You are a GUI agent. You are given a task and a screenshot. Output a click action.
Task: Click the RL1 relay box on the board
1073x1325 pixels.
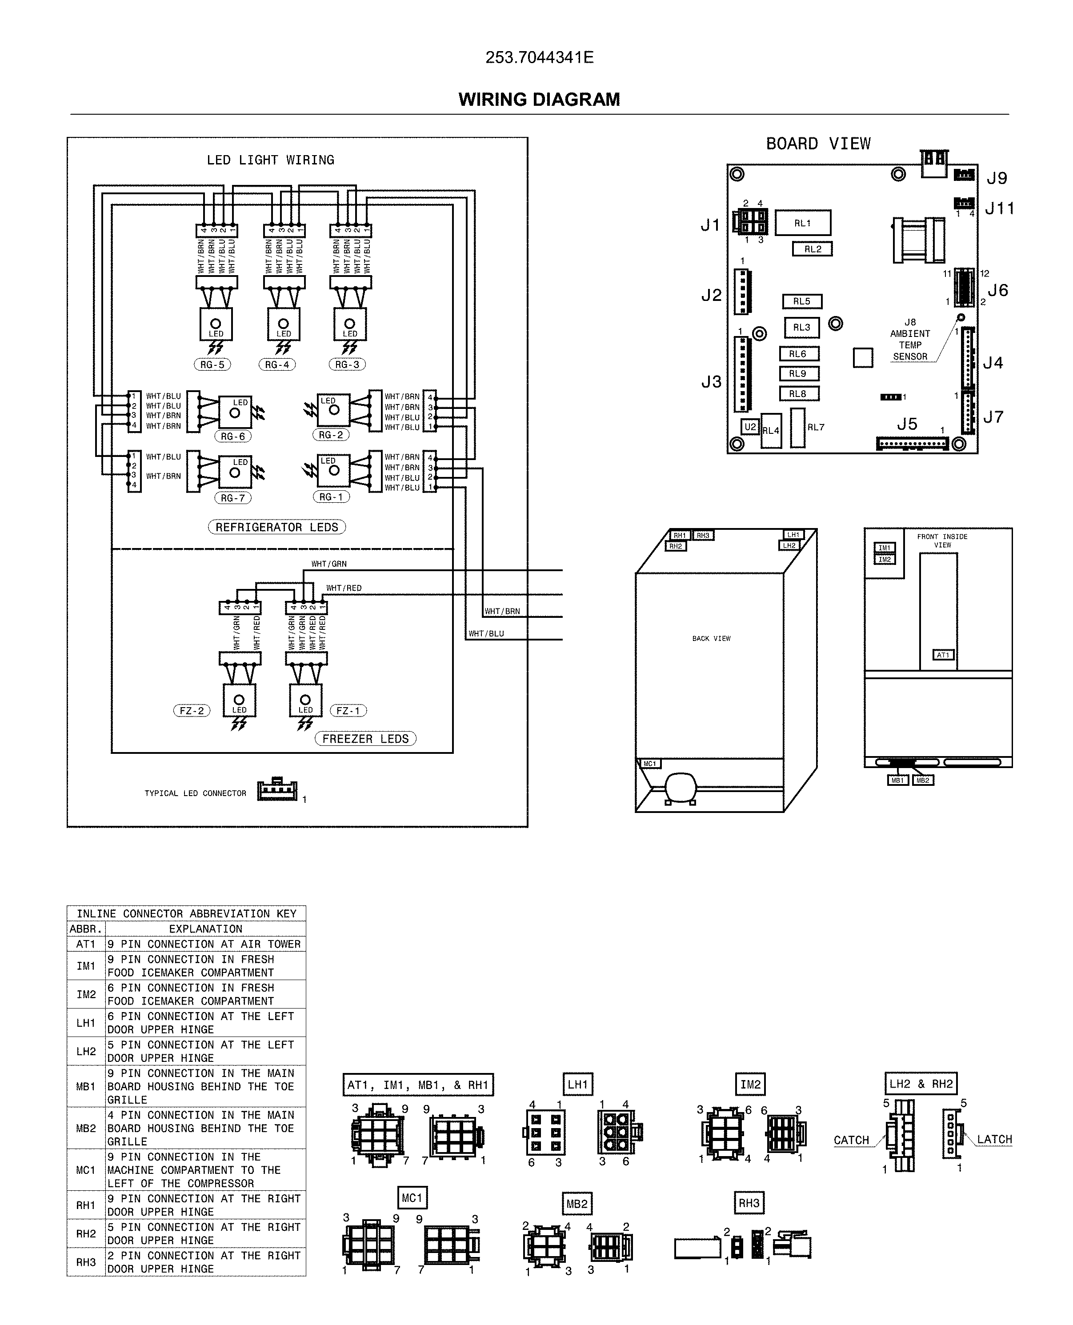[x=802, y=223]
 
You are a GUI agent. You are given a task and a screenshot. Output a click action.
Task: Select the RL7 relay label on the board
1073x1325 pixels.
[x=816, y=427]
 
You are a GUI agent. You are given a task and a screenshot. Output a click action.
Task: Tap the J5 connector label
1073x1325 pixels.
[x=907, y=424]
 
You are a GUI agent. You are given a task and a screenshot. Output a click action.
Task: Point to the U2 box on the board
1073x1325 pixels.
[x=750, y=426]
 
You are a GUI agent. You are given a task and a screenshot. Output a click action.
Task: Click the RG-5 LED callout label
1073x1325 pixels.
[x=212, y=364]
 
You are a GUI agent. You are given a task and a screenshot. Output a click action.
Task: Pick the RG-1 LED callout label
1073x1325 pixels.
[x=331, y=497]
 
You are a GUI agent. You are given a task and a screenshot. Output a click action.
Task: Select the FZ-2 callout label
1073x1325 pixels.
[x=192, y=711]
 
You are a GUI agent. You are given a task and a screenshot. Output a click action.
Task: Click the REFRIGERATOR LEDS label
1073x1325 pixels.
[x=276, y=527]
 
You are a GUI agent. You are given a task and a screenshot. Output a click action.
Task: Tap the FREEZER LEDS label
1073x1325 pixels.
[x=365, y=739]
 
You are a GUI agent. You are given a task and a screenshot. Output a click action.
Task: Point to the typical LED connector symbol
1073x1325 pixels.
[x=277, y=790]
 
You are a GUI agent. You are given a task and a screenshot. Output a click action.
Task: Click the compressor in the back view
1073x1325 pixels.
[x=681, y=787]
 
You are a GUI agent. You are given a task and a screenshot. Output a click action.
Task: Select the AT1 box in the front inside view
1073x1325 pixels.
[x=943, y=655]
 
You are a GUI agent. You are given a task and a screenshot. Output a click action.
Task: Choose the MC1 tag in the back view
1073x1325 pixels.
[x=649, y=764]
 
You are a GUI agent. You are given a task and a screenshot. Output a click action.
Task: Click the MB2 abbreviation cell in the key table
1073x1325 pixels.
[x=86, y=1128]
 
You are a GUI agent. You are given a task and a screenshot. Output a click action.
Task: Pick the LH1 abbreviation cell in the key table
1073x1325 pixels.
[x=86, y=1023]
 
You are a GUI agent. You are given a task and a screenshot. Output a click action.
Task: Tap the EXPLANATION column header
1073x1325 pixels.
[x=205, y=929]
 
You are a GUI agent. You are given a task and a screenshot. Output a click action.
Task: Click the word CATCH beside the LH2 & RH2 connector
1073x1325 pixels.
[x=851, y=1140]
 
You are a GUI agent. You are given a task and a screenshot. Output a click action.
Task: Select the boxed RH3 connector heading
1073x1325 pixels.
[x=749, y=1203]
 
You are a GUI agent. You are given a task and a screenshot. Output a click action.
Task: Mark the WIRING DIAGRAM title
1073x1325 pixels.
[x=539, y=100]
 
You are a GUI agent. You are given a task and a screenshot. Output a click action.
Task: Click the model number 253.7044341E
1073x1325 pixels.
[x=539, y=57]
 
